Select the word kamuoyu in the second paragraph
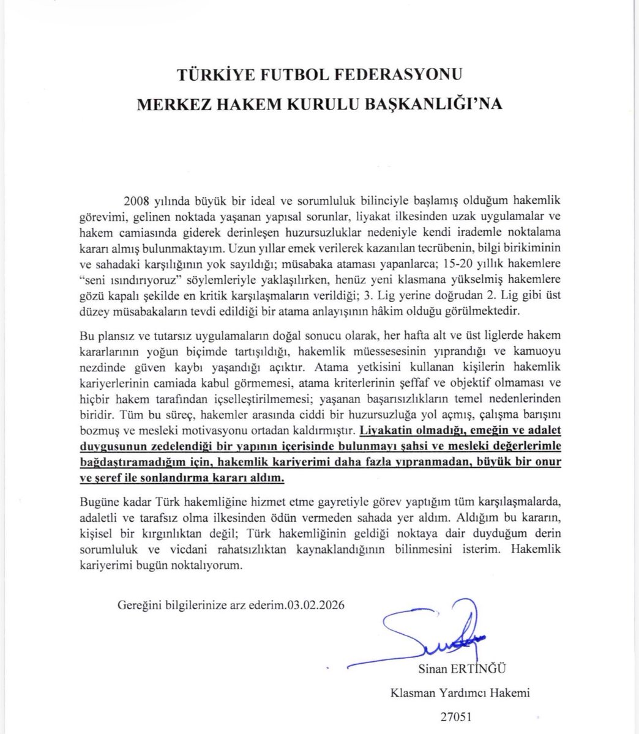click(x=538, y=353)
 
